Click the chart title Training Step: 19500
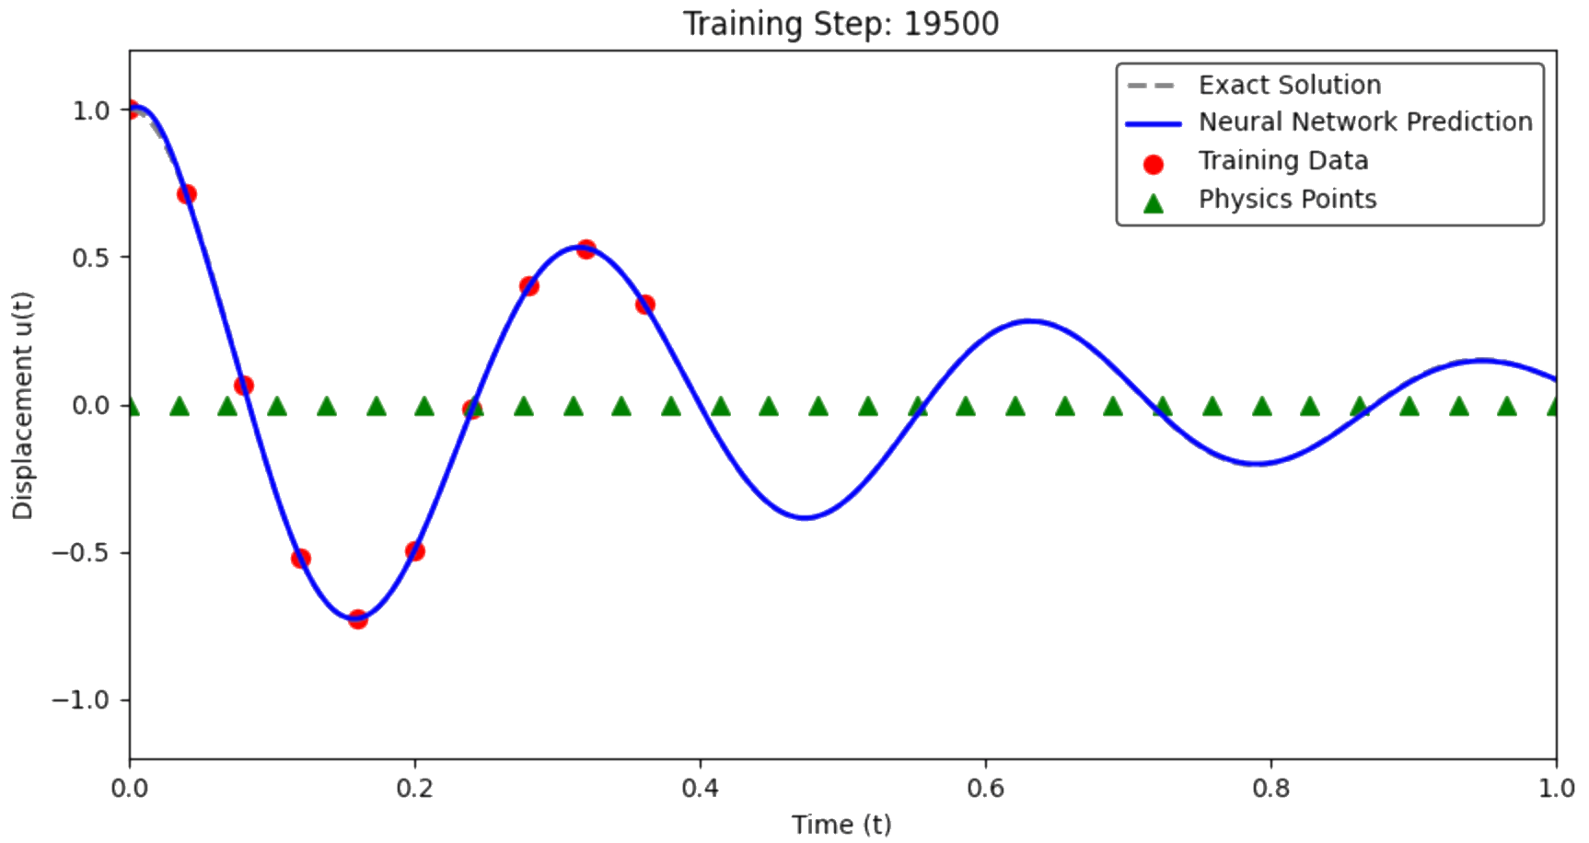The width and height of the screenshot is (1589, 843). click(841, 24)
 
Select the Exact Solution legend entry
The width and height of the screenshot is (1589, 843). click(1254, 85)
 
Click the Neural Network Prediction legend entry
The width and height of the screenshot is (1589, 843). click(1329, 121)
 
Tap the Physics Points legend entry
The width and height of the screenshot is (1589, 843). click(1258, 199)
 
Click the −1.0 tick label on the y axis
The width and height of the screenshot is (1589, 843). click(80, 700)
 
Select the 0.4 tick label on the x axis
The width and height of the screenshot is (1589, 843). click(701, 789)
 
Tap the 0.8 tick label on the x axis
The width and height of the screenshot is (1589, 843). click(1271, 789)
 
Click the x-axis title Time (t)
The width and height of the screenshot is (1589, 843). click(841, 825)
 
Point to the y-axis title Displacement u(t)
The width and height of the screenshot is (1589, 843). click(22, 406)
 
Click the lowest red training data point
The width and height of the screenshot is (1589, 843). click(358, 619)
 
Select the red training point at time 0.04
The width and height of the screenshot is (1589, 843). click(187, 194)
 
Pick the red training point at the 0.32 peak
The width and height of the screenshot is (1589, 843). click(586, 249)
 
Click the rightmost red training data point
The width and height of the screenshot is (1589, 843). click(645, 305)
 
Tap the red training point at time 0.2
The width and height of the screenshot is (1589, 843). click(415, 551)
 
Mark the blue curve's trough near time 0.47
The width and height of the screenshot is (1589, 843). click(806, 517)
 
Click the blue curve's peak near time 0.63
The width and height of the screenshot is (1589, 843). click(1029, 321)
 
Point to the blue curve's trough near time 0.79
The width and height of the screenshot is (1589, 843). click(1257, 464)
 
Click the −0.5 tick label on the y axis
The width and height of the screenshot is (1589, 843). click(80, 553)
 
